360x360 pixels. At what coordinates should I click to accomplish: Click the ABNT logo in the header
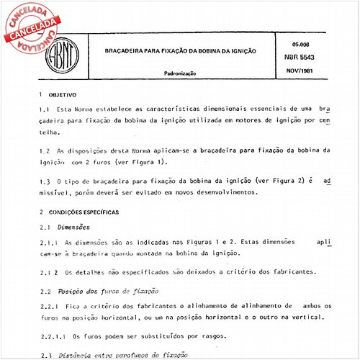coord(64,52)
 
